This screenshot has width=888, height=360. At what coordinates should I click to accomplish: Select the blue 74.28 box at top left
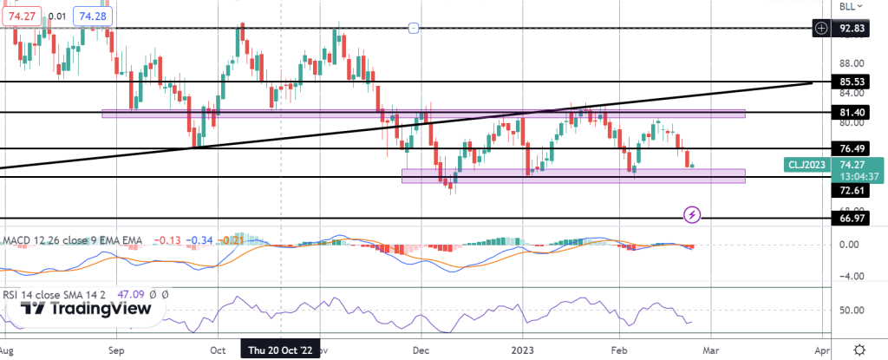(89, 16)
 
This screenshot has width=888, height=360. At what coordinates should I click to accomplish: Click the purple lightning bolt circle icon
(692, 213)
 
